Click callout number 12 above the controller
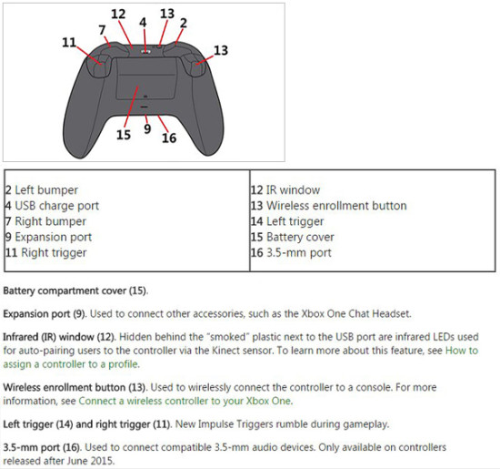coord(118,14)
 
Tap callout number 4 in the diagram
coord(143,22)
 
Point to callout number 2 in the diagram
coord(183,22)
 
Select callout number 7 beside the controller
coord(103,30)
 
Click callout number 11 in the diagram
coord(69,43)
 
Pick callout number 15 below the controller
coord(124,135)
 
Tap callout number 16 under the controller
coord(168,138)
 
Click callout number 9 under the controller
coord(146,130)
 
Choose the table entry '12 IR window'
coord(285,190)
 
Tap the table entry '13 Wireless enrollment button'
coord(328,206)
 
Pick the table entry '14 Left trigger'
coord(287,221)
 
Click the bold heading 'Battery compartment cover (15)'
coord(75,291)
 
